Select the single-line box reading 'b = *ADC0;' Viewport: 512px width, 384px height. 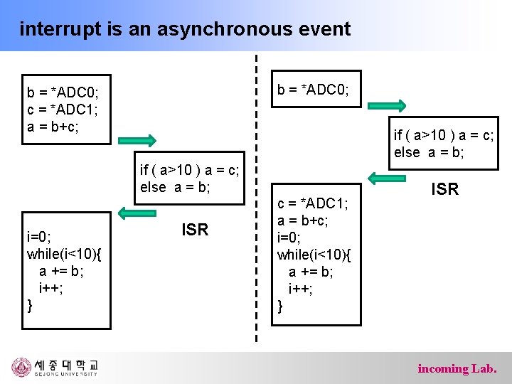tap(313, 90)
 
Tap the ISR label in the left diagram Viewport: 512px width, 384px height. tap(195, 230)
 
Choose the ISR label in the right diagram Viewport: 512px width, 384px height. tap(445, 189)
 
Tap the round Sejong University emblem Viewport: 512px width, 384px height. tap(21, 366)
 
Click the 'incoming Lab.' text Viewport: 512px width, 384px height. tap(457, 368)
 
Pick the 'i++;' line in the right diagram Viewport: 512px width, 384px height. tap(301, 289)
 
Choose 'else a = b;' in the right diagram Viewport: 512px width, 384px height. tap(429, 152)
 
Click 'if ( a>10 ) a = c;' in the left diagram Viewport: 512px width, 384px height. tap(189, 170)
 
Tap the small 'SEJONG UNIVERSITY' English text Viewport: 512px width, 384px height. tap(65, 374)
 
